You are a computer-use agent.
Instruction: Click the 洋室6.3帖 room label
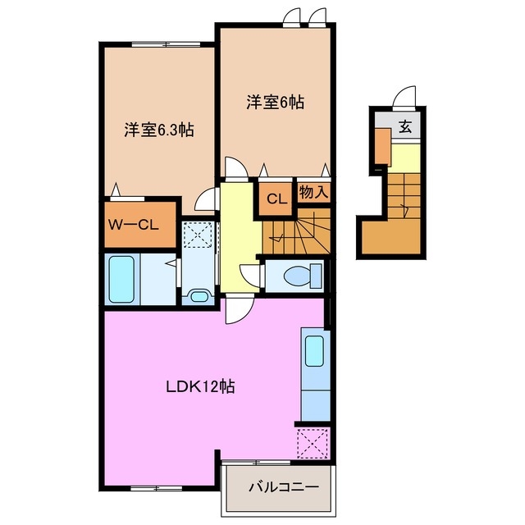point(158,130)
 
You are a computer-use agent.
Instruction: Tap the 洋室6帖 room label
point(275,103)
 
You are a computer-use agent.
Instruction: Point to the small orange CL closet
point(276,198)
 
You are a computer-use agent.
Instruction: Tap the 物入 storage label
point(313,194)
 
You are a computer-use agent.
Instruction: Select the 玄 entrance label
point(405,126)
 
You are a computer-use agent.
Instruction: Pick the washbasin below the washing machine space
point(198,294)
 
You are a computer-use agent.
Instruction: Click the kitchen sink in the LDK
point(313,351)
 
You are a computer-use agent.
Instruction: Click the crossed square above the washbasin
point(197,236)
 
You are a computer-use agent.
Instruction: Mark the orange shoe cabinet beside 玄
point(382,146)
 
